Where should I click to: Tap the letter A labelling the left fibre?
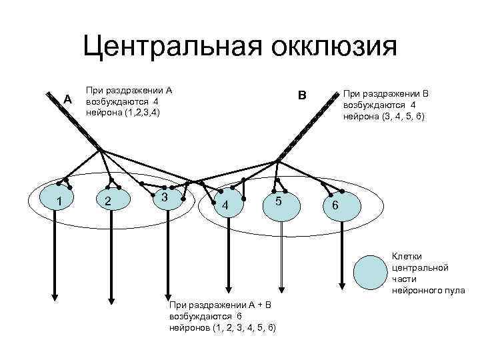click(67, 99)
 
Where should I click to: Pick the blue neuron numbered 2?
click(109, 201)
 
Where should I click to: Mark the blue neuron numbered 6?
click(335, 205)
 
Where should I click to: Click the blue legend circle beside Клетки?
click(371, 271)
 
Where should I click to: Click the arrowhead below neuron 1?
click(55, 297)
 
